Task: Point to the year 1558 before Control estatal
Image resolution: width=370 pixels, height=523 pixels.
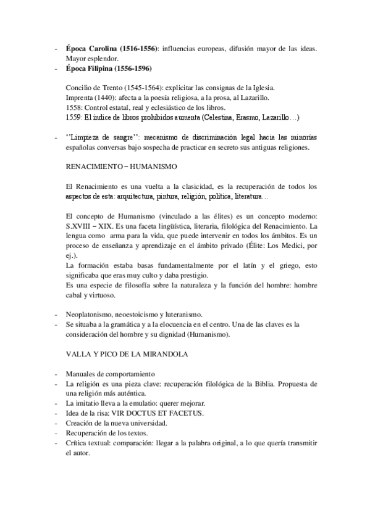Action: pyautogui.click(x=74, y=107)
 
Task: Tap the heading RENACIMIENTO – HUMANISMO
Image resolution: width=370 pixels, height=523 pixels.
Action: pyautogui.click(x=122, y=167)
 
